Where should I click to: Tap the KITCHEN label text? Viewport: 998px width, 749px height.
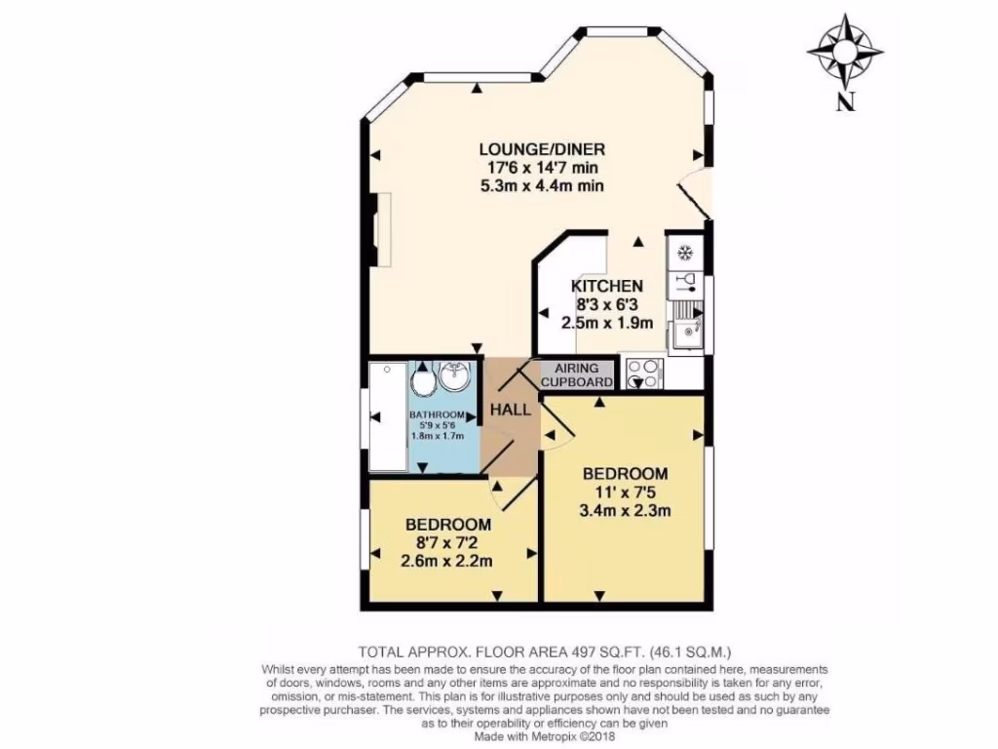606,286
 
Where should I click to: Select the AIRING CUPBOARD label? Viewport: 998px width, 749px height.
579,375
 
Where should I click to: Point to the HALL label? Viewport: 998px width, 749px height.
511,410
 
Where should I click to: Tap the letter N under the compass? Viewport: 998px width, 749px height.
844,100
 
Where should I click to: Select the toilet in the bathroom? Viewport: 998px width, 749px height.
424,379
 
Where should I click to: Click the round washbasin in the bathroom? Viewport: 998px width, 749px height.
455,375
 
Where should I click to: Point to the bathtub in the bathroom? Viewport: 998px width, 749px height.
388,417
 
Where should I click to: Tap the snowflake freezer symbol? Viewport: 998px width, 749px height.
684,252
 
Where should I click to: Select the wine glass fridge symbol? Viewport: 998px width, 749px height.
685,283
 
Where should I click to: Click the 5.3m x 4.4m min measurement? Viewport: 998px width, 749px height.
543,185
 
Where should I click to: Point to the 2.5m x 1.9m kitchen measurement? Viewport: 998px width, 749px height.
606,322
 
